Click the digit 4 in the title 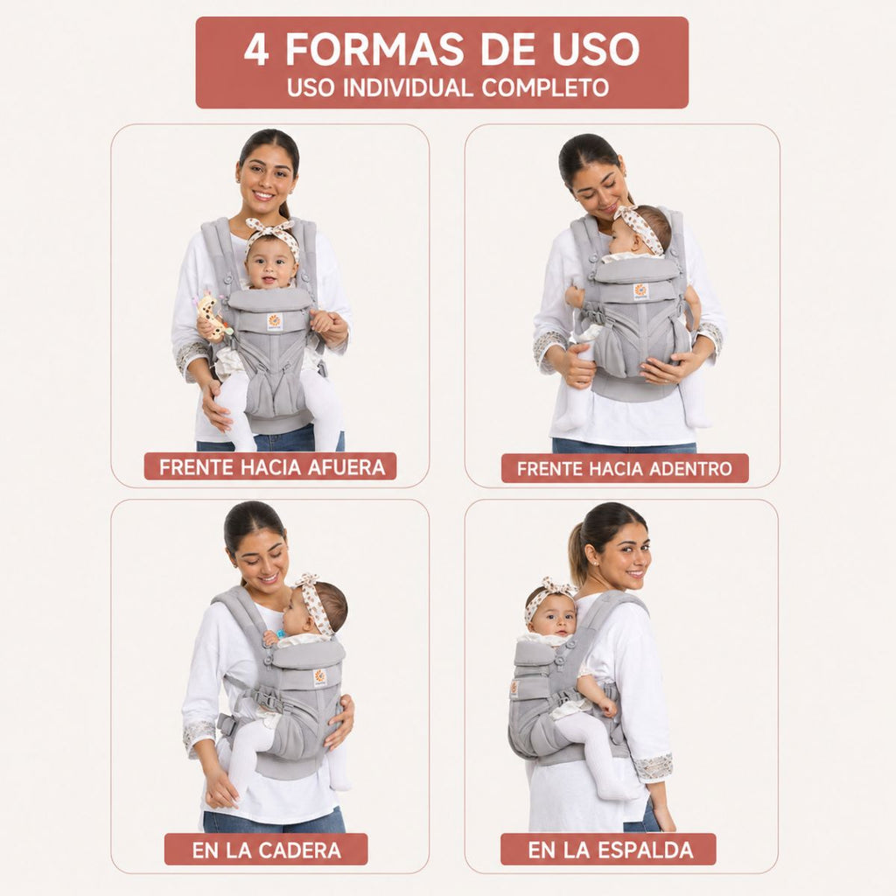click(x=255, y=49)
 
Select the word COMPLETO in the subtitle click(x=544, y=87)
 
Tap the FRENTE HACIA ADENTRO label click(x=625, y=468)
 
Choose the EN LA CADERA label click(x=266, y=850)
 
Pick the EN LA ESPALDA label click(x=608, y=849)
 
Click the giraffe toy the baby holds click(x=213, y=318)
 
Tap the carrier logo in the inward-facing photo click(x=641, y=291)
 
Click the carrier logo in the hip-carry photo click(x=320, y=678)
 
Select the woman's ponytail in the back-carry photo click(x=578, y=553)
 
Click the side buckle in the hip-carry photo click(x=226, y=724)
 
